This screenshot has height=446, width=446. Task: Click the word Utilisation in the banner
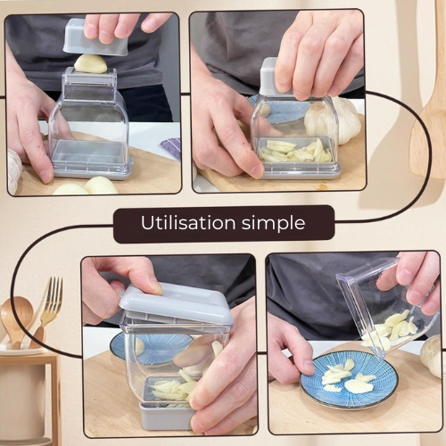(188, 223)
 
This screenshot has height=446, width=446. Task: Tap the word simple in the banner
(273, 224)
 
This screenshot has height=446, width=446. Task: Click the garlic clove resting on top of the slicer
(91, 63)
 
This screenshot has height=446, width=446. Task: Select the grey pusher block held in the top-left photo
(96, 37)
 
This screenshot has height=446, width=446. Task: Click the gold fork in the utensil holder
(48, 310)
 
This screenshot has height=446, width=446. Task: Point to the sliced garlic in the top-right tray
(295, 151)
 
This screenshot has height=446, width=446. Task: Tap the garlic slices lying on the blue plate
(347, 376)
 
